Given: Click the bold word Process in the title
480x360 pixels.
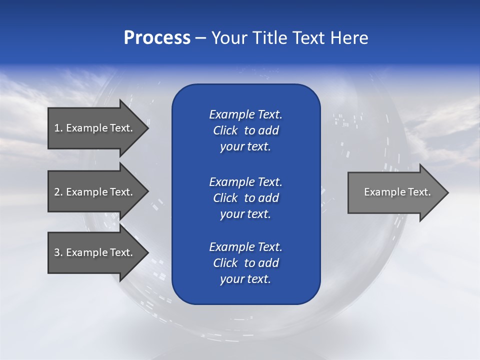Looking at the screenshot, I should coord(157,38).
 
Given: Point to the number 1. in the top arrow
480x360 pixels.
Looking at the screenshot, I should coord(58,128).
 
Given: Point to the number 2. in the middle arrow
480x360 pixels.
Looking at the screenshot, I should coord(58,192).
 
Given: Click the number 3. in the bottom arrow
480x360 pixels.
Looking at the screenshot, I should coord(58,252).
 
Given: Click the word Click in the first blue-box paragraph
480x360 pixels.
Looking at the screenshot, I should coord(225,130).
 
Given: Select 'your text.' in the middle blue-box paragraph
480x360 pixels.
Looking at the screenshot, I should coord(245,214).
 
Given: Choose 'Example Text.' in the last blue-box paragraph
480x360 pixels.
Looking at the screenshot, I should coord(245,247).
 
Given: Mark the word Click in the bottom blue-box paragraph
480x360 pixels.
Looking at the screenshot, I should coord(225,263).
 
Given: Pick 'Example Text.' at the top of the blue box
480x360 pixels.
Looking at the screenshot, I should coord(245,114).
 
